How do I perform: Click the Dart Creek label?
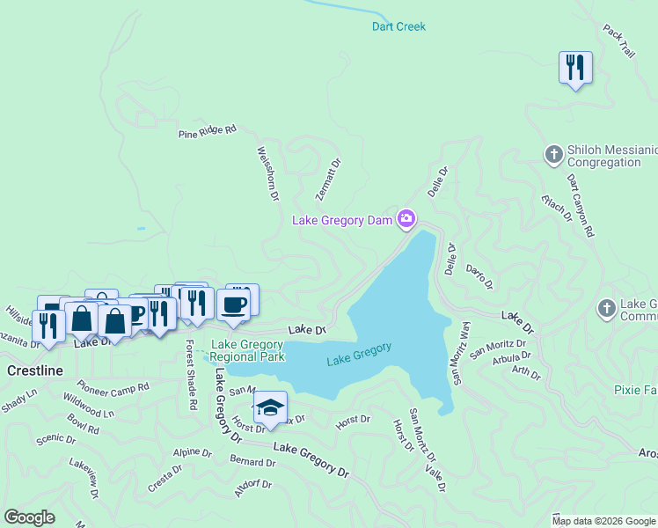pos(398,26)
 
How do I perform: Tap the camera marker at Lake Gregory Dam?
pos(406,217)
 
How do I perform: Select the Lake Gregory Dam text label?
pos(341,220)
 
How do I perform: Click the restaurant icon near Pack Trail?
pos(575,67)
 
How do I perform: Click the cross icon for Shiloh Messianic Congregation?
pos(554,155)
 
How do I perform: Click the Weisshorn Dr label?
pos(267,172)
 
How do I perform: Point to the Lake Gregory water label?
pos(359,354)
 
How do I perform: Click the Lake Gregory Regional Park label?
pos(247,350)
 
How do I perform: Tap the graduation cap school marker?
pos(270,408)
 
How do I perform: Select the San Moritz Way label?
pos(460,353)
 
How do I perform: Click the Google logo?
pos(29,517)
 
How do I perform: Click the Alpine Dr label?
pos(192,452)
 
